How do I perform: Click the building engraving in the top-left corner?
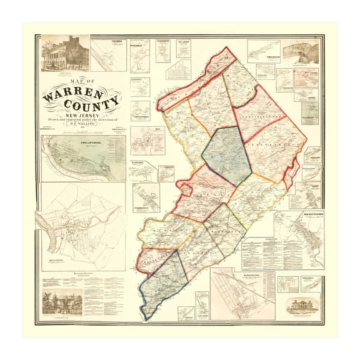pos(63,54)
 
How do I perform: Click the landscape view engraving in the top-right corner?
pos(300,52)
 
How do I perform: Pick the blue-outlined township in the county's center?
pos(226,154)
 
